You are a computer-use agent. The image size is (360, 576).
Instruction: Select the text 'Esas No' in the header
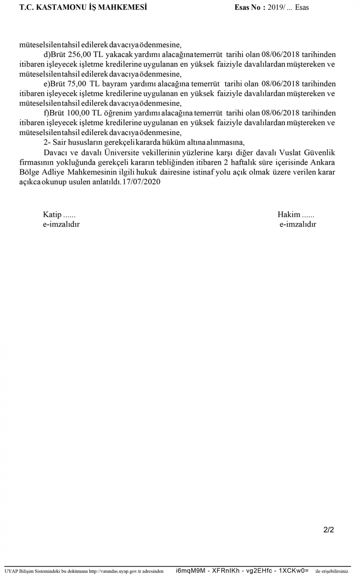pyautogui.click(x=248, y=7)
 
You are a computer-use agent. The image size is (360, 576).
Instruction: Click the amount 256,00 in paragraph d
pyautogui.click(x=80, y=55)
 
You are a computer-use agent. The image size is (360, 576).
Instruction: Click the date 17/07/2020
pyautogui.click(x=141, y=182)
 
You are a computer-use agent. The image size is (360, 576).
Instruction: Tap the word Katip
pyautogui.click(x=52, y=215)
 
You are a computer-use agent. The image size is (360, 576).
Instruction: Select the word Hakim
pyautogui.click(x=289, y=215)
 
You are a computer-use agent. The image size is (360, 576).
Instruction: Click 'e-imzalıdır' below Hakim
pyautogui.click(x=298, y=224)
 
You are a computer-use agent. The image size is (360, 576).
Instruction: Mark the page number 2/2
pyautogui.click(x=329, y=530)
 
